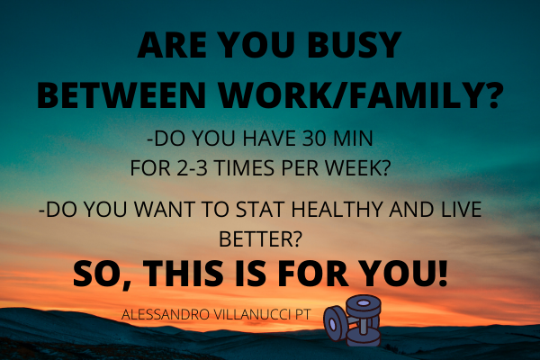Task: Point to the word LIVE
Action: (457, 210)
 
